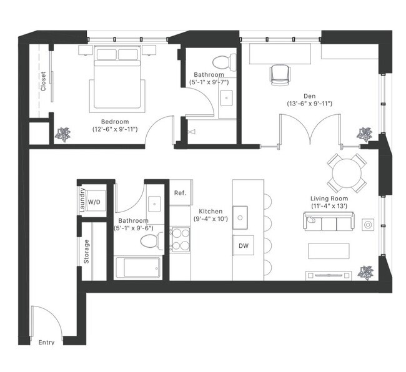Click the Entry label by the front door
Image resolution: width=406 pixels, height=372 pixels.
(x=46, y=342)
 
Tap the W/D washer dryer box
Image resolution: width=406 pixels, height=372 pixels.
(x=94, y=202)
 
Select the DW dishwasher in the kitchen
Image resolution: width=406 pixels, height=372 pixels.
(x=244, y=246)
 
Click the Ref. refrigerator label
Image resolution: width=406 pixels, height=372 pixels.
(x=180, y=193)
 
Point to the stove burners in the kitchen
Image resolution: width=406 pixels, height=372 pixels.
(x=181, y=240)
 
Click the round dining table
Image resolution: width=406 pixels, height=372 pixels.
(x=347, y=172)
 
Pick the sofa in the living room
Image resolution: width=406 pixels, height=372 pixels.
(x=329, y=222)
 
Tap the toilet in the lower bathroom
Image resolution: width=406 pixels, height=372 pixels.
(x=149, y=241)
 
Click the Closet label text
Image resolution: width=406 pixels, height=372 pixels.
(x=43, y=81)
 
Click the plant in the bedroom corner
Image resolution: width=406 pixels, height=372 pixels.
(x=63, y=134)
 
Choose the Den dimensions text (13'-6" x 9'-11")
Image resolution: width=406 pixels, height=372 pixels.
(x=309, y=104)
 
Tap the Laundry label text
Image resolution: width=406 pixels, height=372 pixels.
(x=82, y=201)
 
